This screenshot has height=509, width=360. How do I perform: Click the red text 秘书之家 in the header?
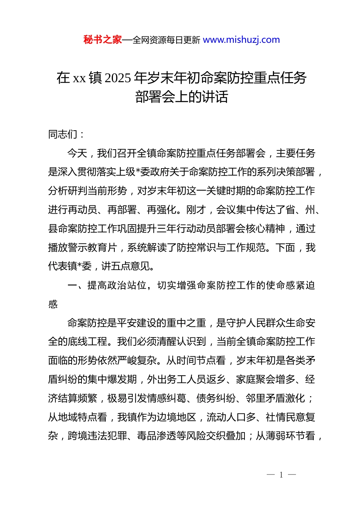click(103, 40)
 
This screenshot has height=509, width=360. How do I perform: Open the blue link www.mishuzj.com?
click(241, 40)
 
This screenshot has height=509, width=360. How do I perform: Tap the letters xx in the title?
click(79, 78)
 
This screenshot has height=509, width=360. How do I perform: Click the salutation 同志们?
click(63, 134)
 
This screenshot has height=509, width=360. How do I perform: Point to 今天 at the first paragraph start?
click(77, 153)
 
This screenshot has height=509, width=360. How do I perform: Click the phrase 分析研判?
click(68, 190)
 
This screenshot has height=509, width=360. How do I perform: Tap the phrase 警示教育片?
click(92, 247)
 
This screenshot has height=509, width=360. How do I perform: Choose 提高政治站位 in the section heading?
click(117, 285)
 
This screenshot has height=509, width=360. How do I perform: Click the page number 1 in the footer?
click(281, 475)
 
